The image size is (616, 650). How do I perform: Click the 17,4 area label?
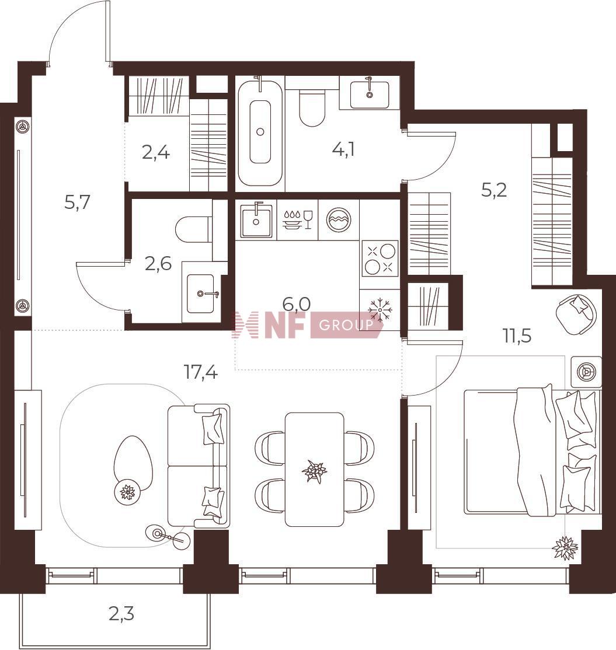click(x=201, y=372)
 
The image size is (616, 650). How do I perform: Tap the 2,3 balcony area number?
click(x=121, y=614)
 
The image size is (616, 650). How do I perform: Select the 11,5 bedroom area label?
click(x=517, y=336)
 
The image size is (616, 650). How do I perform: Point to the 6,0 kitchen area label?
click(x=296, y=304)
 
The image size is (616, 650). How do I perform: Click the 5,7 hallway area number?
click(x=78, y=202)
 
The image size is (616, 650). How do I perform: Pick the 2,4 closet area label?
click(x=155, y=153)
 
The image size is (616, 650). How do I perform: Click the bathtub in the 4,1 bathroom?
click(x=260, y=132)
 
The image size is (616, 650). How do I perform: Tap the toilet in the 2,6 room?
click(x=193, y=229)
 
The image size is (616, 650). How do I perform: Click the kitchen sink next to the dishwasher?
click(x=256, y=220)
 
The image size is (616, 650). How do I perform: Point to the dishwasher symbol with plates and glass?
click(x=297, y=219)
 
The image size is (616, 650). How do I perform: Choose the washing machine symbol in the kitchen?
click(x=339, y=219)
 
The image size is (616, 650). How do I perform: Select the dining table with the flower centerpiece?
click(x=315, y=469)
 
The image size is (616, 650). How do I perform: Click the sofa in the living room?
click(x=199, y=466)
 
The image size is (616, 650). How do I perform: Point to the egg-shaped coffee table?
click(x=133, y=464)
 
